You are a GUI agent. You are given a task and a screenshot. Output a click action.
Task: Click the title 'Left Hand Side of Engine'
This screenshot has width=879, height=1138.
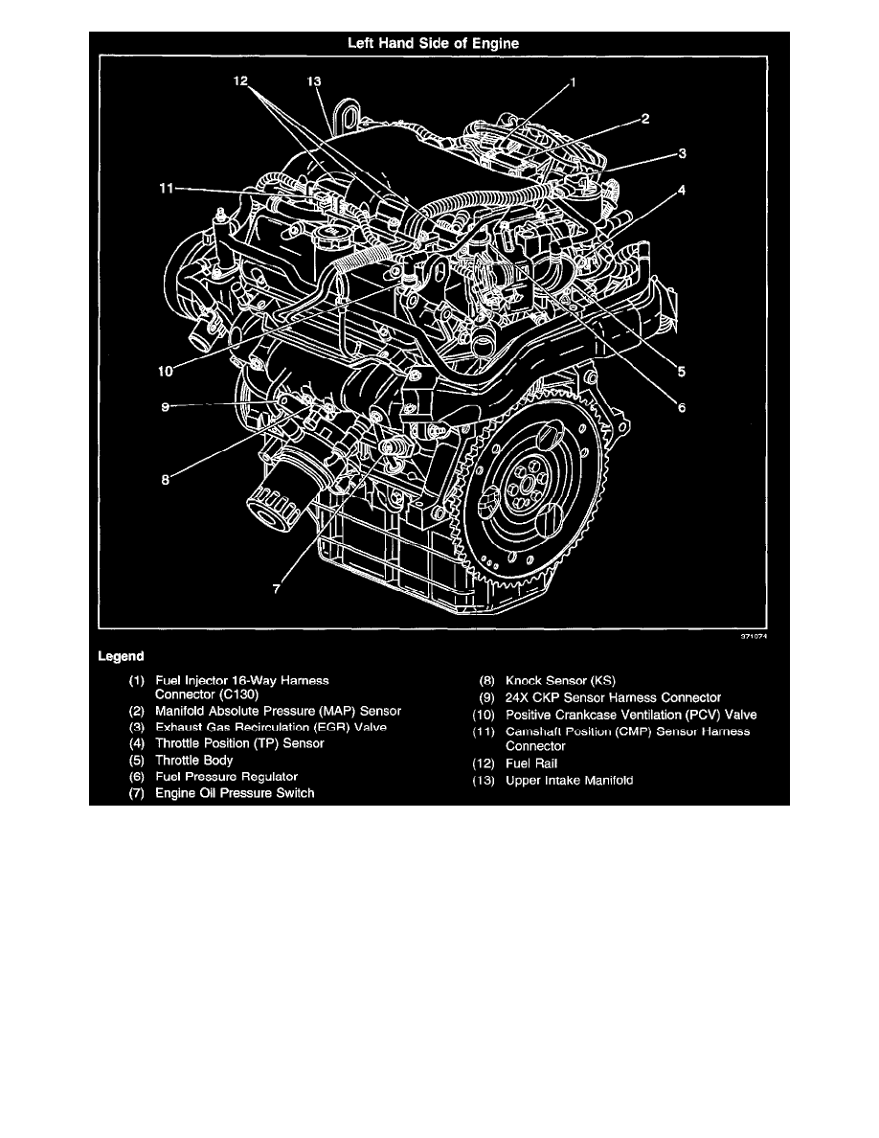tap(439, 42)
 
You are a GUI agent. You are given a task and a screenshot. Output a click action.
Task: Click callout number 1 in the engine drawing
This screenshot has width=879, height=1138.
tap(573, 82)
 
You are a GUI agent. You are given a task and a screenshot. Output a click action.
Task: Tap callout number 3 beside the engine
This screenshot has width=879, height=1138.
tap(681, 152)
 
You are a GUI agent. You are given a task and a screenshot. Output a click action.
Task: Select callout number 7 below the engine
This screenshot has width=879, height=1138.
tap(277, 590)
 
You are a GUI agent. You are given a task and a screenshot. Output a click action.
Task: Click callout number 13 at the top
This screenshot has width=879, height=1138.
tap(312, 82)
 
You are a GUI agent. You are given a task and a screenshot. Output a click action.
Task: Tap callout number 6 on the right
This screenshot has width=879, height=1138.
tap(681, 407)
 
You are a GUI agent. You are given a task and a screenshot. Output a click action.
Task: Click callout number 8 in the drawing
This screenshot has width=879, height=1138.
tap(165, 482)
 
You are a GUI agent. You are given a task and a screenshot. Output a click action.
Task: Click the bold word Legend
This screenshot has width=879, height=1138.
tap(122, 657)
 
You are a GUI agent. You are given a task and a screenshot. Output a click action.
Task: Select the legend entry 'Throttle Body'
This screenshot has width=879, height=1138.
tap(193, 760)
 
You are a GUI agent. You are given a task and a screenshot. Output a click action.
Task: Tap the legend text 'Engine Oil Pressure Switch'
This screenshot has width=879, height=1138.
tap(234, 793)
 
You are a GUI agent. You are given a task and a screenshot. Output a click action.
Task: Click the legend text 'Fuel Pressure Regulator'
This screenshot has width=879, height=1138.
tap(226, 776)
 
